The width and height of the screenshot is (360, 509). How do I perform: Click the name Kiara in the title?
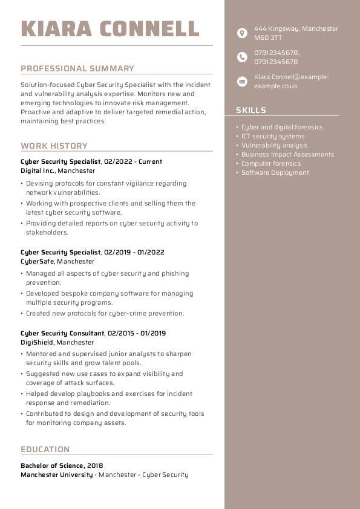57,28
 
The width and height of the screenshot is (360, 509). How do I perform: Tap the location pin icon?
242,33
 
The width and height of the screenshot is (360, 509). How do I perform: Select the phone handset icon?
242,57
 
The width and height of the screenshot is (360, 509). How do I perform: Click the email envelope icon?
242,81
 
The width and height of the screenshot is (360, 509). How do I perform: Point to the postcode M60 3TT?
268,37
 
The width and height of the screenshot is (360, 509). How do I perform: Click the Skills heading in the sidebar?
251,110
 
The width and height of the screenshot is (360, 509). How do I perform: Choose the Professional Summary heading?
77,68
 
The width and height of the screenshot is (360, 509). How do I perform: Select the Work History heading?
54,146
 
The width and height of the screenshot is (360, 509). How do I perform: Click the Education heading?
45,449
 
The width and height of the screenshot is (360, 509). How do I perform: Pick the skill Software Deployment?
275,172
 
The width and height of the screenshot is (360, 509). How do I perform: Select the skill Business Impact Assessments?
287,154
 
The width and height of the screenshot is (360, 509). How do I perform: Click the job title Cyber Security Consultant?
62,333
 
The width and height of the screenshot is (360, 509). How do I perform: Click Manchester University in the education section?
57,475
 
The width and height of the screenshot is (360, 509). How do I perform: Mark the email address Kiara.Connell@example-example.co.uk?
291,82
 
